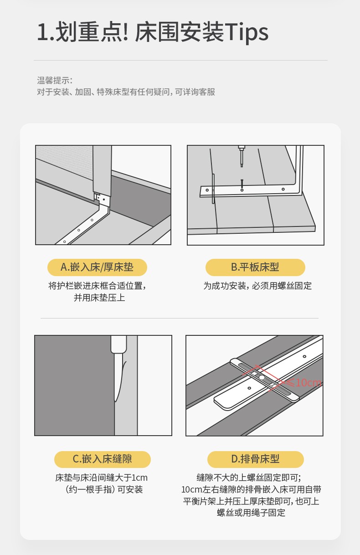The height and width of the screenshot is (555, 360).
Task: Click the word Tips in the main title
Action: tap(247, 32)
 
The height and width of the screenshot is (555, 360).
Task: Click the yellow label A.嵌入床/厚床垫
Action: tap(97, 267)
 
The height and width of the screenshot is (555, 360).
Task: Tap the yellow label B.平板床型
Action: tap(255, 267)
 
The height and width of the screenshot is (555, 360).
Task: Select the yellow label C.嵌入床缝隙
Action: tap(103, 459)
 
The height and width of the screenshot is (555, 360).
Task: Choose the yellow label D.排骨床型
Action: tap(256, 459)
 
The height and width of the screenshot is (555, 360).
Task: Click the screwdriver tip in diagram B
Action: tap(242, 165)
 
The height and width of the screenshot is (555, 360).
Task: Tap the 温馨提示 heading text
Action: tap(55, 80)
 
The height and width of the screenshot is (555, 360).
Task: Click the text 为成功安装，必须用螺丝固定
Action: tap(257, 286)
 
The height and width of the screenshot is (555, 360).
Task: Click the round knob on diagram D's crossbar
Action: tap(262, 378)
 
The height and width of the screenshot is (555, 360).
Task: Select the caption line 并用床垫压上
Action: tap(99, 298)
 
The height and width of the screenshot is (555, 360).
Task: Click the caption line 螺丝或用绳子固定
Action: tap(251, 513)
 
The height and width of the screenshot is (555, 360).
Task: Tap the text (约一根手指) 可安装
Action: tap(103, 489)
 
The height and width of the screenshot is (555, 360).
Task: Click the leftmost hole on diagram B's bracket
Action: tap(207, 190)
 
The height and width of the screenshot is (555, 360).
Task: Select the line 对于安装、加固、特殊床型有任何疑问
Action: tap(103, 92)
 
